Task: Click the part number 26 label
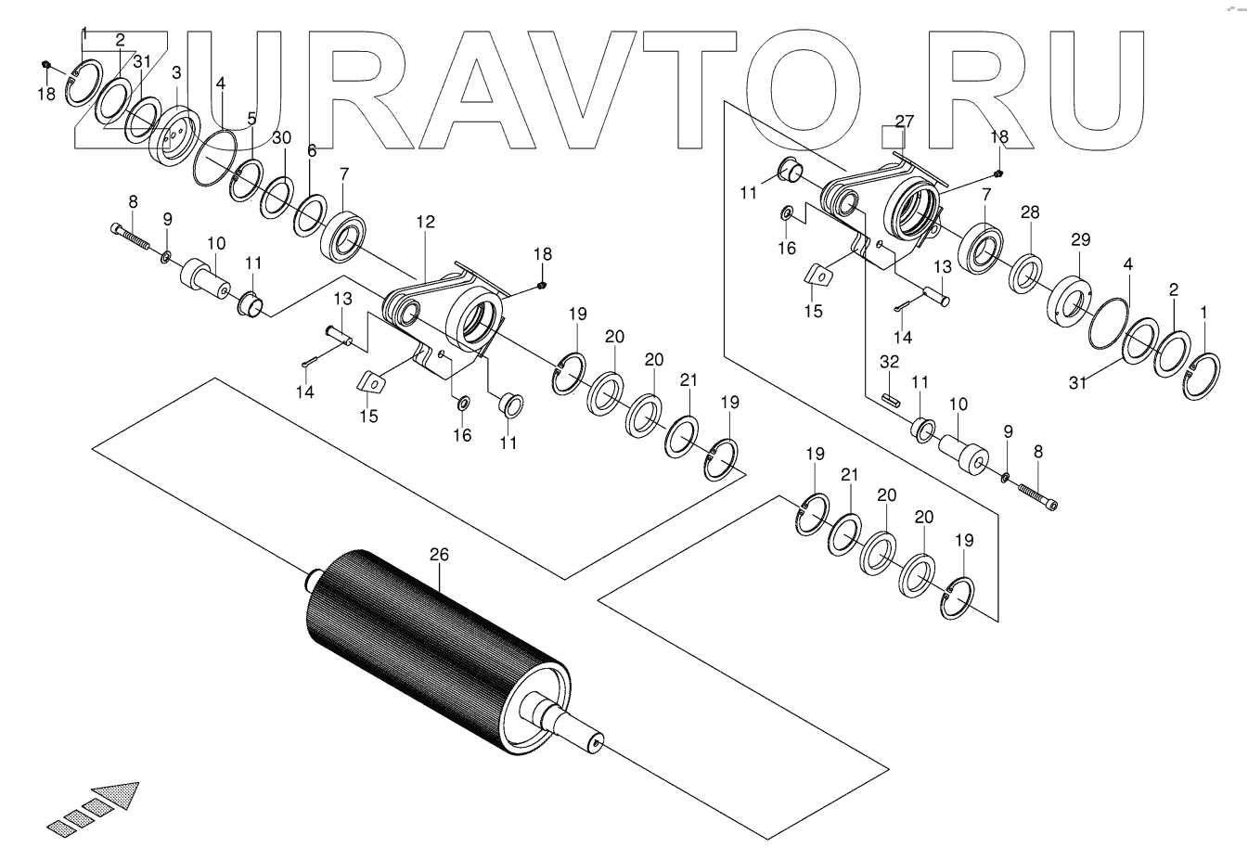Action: pos(439,554)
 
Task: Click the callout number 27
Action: pos(905,121)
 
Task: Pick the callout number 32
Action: pos(889,360)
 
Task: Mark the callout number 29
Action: pos(1080,240)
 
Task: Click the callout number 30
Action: pos(281,137)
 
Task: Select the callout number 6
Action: pos(311,150)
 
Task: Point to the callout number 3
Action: pos(176,72)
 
